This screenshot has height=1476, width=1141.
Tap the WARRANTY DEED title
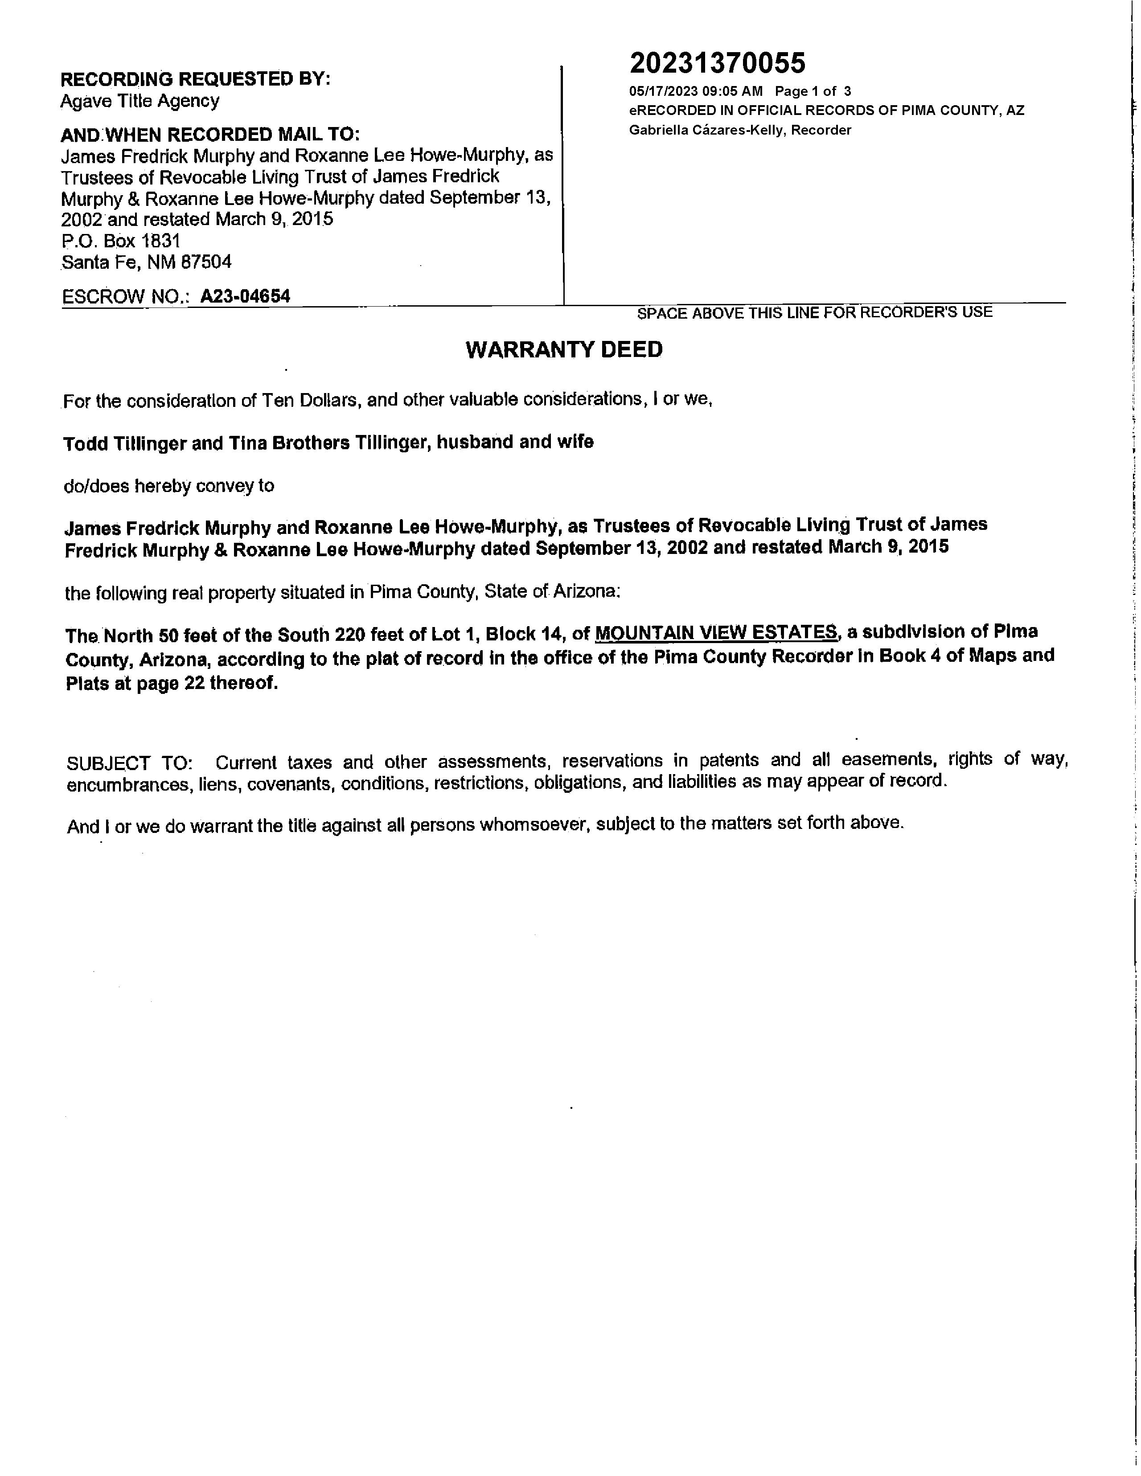(564, 349)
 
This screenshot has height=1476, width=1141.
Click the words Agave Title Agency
(140, 101)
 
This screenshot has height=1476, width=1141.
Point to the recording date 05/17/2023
(662, 91)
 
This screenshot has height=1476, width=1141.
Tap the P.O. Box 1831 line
(121, 241)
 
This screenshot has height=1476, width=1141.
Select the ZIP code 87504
(206, 262)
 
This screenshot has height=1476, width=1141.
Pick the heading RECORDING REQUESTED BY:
(195, 79)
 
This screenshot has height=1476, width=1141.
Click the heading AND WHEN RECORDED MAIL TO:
(210, 134)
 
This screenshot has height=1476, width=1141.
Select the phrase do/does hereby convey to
(169, 486)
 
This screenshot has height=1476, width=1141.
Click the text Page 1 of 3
(813, 91)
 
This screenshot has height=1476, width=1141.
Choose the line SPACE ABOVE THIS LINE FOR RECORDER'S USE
(814, 312)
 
